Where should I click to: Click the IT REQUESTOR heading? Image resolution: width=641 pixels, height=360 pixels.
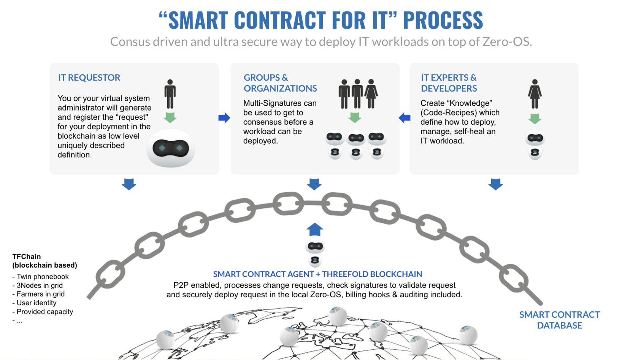pyautogui.click(x=89, y=78)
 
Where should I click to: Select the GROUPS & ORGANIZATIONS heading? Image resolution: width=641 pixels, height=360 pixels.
pyautogui.click(x=280, y=83)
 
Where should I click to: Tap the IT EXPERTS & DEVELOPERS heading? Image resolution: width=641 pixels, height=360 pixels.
pyautogui.click(x=449, y=83)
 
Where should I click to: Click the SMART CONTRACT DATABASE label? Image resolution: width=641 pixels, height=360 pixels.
pyautogui.click(x=559, y=320)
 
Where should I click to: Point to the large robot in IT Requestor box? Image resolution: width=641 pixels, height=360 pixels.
pyautogui.click(x=171, y=148)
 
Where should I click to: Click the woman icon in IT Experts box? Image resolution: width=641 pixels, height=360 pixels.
pyautogui.click(x=535, y=94)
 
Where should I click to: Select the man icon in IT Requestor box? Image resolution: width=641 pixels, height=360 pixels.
pyautogui.click(x=170, y=94)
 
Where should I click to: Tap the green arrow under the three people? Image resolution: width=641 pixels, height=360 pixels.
pyautogui.click(x=355, y=117)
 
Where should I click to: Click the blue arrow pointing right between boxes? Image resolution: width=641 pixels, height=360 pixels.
pyautogui.click(x=224, y=118)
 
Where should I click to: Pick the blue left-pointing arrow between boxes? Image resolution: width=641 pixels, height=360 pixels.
pyautogui.click(x=405, y=118)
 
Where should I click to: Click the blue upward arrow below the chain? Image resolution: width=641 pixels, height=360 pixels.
pyautogui.click(x=315, y=230)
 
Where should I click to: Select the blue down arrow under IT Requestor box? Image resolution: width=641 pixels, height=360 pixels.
pyautogui.click(x=129, y=184)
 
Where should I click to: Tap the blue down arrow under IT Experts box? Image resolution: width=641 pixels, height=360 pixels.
pyautogui.click(x=495, y=184)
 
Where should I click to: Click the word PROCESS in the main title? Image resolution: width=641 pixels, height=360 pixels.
pyautogui.click(x=443, y=20)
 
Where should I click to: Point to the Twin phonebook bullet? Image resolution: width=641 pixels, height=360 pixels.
pyautogui.click(x=42, y=277)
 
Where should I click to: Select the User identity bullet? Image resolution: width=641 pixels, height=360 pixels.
pyautogui.click(x=36, y=303)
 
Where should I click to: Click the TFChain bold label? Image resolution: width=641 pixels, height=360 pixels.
pyautogui.click(x=27, y=257)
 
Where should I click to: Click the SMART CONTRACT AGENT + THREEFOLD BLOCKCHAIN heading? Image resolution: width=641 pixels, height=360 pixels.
pyautogui.click(x=317, y=274)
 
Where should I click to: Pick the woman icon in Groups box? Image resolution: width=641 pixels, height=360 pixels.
pyautogui.click(x=371, y=94)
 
